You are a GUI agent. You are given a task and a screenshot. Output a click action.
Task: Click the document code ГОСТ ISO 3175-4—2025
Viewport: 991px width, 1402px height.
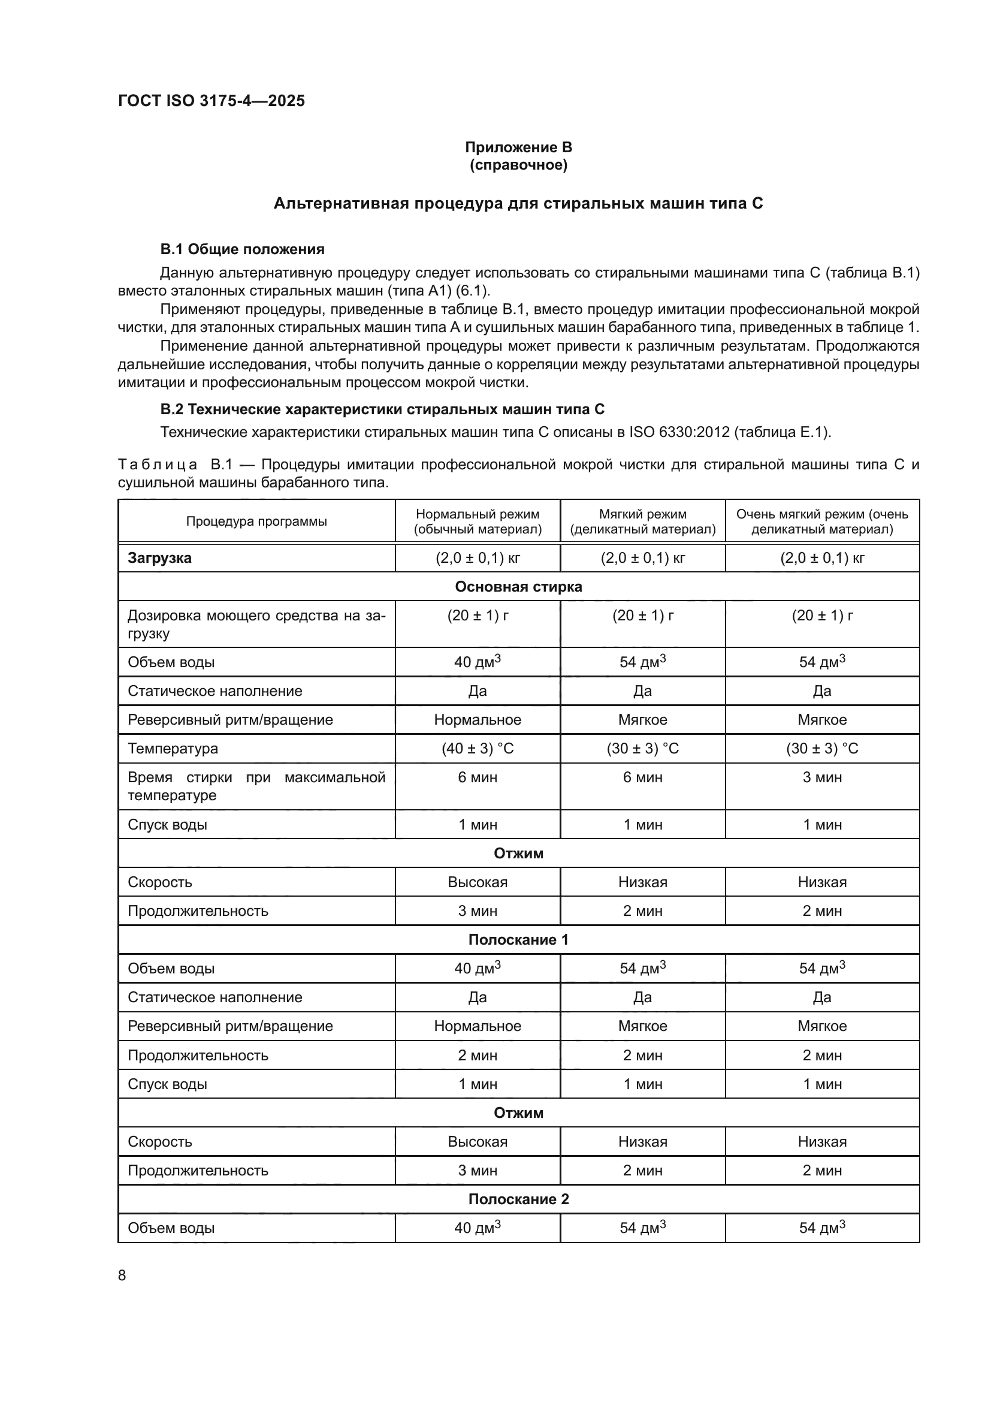point(211,101)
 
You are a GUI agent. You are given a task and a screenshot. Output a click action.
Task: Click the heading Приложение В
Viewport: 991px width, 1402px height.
point(518,147)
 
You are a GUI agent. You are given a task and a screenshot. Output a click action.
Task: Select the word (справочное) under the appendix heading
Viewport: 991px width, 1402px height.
point(518,165)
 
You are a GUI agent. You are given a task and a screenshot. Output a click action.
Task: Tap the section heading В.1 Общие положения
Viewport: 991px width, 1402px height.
point(241,249)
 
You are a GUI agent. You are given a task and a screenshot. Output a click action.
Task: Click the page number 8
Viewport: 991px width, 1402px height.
point(122,1276)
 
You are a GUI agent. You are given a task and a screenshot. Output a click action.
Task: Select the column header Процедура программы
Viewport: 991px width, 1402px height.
point(256,521)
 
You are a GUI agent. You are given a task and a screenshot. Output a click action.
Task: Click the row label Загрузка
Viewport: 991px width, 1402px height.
point(159,558)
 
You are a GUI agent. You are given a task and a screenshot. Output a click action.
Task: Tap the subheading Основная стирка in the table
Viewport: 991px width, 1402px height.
point(518,587)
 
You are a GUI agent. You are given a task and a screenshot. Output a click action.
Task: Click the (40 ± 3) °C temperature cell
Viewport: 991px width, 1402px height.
point(477,749)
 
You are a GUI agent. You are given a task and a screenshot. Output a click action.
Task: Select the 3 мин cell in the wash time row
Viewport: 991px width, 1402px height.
point(821,777)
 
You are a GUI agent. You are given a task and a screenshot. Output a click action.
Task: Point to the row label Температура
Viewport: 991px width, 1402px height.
point(173,749)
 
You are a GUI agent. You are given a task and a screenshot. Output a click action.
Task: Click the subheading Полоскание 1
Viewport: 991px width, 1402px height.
point(518,940)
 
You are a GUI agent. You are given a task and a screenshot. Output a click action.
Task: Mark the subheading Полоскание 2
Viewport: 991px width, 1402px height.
point(518,1199)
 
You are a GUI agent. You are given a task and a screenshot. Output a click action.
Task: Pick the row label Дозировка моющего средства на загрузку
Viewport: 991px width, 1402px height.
point(256,624)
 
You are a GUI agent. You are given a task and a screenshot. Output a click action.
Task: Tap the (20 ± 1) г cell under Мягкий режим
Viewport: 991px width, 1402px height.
point(642,616)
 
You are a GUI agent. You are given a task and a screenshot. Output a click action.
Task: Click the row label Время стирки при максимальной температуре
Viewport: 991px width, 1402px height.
point(256,786)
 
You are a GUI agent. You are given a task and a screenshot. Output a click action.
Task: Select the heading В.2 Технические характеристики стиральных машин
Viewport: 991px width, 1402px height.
point(382,409)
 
